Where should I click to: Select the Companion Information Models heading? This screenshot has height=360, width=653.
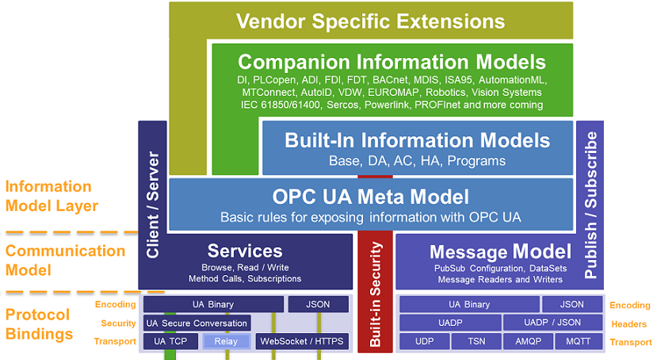391,62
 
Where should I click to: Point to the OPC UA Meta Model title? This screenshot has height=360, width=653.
371,196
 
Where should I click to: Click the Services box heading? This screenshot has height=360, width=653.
245,251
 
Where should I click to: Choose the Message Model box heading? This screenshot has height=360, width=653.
499,252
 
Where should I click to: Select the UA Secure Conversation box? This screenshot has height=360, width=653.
197,323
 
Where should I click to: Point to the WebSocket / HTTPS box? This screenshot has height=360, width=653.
303,342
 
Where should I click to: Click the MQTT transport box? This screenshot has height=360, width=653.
578,342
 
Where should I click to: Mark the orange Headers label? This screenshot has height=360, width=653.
631,324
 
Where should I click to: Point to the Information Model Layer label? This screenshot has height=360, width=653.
51,197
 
